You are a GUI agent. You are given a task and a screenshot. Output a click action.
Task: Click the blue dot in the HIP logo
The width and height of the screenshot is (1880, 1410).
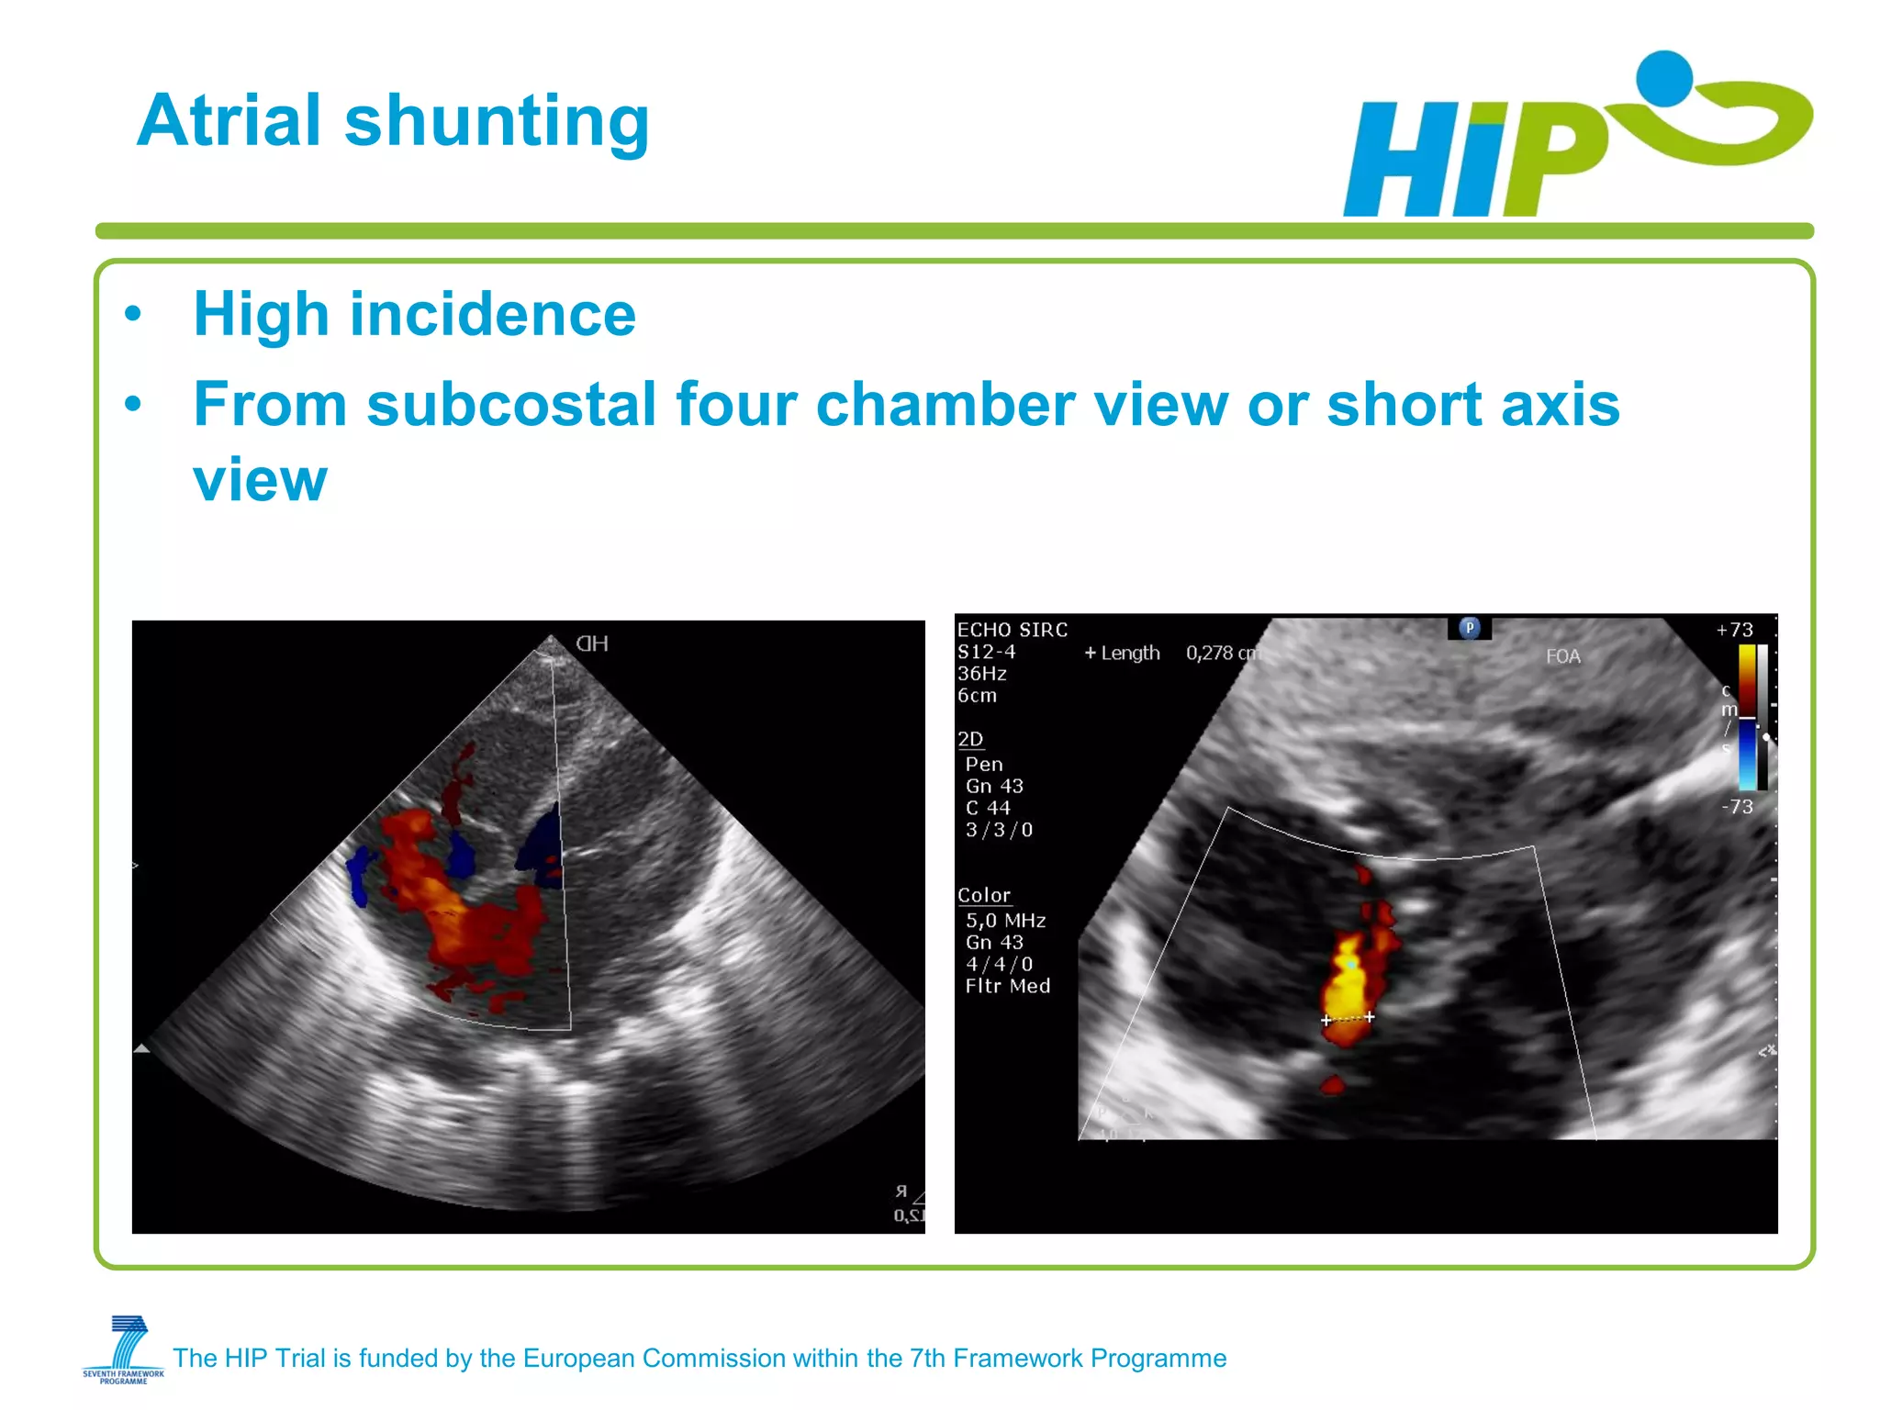point(1663,76)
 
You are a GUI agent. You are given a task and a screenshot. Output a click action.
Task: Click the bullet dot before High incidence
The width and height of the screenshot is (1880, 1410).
point(134,315)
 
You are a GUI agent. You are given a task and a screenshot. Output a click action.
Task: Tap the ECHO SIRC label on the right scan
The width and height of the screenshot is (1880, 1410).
point(1012,630)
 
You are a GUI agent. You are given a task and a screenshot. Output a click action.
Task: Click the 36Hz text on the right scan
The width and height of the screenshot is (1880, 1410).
point(981,674)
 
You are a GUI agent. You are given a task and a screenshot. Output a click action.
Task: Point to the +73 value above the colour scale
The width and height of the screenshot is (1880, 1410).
point(1734,630)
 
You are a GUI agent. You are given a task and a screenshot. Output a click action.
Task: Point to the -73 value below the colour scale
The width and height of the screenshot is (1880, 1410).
point(1737,807)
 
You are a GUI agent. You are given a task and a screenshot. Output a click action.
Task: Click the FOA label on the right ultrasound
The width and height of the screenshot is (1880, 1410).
point(1562,656)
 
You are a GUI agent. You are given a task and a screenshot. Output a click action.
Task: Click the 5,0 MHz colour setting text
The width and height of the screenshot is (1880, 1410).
point(1005,921)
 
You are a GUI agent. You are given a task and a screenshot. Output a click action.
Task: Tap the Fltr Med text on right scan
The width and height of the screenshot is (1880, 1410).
point(1007,986)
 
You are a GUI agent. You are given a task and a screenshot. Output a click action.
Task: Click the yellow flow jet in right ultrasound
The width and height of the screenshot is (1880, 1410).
point(1347,982)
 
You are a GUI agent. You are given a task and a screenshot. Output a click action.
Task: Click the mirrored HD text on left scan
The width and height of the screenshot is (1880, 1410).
point(592,643)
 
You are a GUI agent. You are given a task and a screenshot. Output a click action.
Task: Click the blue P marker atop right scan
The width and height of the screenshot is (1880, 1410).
point(1469,629)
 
